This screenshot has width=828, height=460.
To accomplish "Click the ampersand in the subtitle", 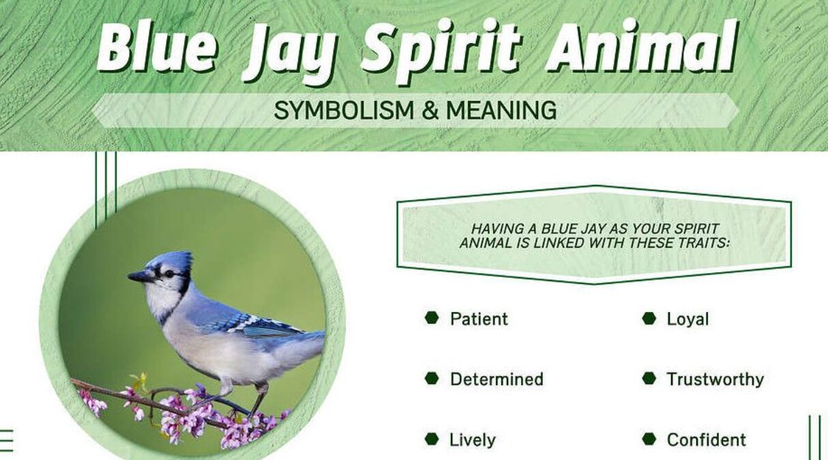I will [x=430, y=110].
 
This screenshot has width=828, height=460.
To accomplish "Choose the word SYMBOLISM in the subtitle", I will [x=342, y=110].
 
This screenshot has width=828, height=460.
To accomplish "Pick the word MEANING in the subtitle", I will [x=501, y=110].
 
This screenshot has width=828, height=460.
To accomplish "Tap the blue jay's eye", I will [x=168, y=274].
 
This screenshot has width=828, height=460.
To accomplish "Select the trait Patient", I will [x=479, y=319].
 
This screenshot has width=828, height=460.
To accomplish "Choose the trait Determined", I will [x=497, y=379].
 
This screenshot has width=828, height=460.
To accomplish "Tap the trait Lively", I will [x=473, y=440].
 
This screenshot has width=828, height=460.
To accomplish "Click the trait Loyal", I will [x=687, y=319].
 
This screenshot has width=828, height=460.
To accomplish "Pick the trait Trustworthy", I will [x=715, y=379].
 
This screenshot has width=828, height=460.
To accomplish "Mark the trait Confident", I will [x=707, y=440].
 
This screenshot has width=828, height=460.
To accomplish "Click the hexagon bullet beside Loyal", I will [x=649, y=318].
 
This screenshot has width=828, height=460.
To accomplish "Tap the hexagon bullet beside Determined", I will [x=431, y=378].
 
